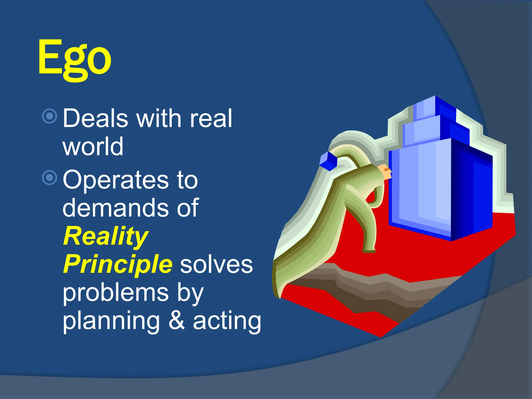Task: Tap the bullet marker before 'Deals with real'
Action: [49, 116]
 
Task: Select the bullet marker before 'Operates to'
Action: [49, 178]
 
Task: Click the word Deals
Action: [95, 118]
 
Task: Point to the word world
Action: [93, 147]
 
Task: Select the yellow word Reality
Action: [106, 236]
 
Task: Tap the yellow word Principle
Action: [118, 264]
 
